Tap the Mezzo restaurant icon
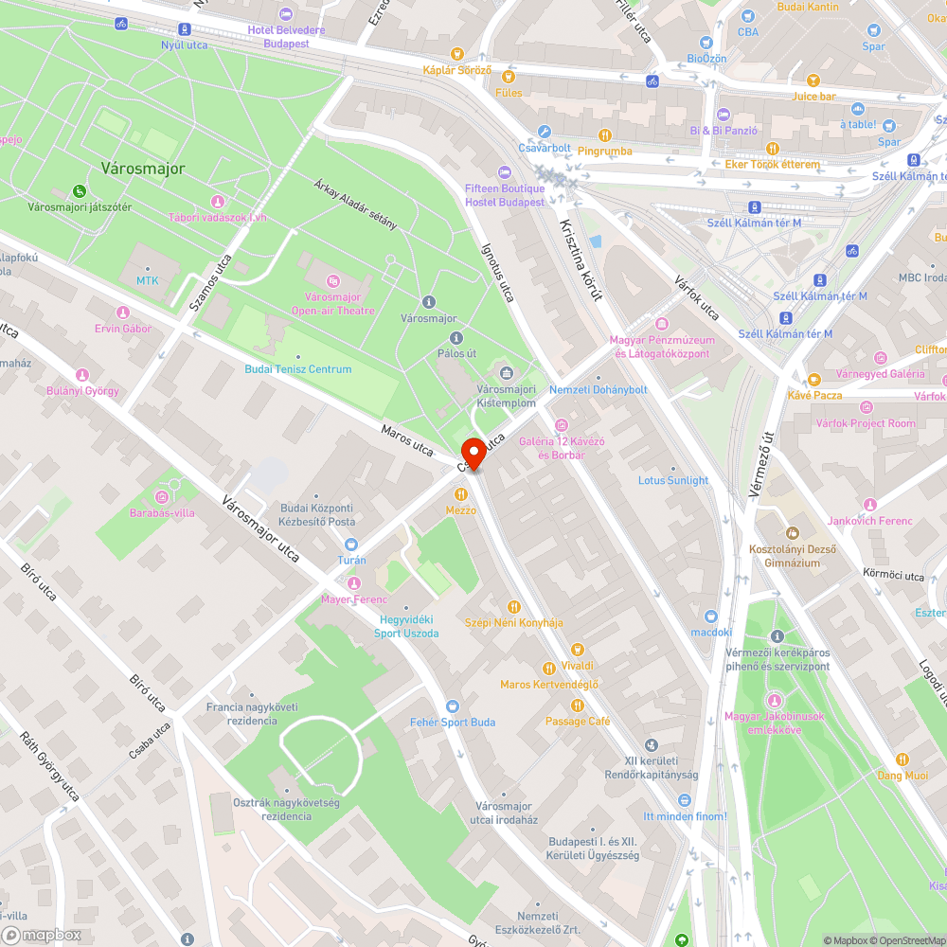point(461,494)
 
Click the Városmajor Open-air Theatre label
point(332,303)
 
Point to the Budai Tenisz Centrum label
point(297,369)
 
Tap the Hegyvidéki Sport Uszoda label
point(406,627)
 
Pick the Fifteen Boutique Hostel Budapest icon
point(505,172)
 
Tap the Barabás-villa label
point(161,513)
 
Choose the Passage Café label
point(578,721)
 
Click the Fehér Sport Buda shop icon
point(452,706)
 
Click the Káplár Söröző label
point(456,70)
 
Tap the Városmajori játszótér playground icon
point(79,190)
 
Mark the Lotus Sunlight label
point(672,480)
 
